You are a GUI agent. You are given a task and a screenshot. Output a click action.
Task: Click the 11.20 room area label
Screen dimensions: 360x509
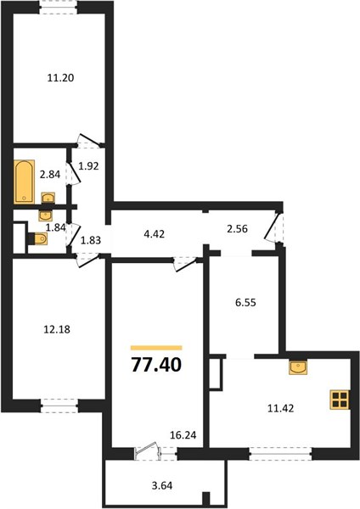(61, 78)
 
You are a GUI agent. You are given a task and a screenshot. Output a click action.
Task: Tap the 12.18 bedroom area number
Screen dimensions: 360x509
(57, 329)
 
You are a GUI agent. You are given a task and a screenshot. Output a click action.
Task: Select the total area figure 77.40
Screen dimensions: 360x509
(156, 365)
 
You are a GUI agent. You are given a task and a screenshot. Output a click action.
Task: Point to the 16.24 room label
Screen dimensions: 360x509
(183, 435)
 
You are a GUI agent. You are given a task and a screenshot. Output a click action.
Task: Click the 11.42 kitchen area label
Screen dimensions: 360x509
(281, 408)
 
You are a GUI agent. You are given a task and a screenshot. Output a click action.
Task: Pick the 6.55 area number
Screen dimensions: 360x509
(245, 303)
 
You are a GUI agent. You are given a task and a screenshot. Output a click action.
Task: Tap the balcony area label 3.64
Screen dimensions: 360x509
(162, 485)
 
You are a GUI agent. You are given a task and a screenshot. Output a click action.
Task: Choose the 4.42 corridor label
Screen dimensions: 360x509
(154, 234)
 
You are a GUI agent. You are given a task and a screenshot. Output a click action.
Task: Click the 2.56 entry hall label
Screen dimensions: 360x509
(237, 229)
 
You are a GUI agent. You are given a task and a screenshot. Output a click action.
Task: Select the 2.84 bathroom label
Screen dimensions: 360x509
(50, 174)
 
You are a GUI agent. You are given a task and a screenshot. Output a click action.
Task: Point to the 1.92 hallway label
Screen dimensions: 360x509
(88, 166)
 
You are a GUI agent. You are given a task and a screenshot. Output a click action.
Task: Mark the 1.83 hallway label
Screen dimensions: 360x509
(91, 241)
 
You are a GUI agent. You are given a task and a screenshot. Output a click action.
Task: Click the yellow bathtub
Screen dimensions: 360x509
(25, 182)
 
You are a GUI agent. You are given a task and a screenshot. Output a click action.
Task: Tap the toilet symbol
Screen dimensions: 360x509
(38, 239)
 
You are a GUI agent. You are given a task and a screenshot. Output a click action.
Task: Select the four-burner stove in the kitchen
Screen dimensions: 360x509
(340, 400)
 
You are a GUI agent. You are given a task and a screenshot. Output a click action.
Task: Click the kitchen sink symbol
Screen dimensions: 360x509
(298, 368)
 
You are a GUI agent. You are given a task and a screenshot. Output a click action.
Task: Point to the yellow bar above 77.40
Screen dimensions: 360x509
(156, 348)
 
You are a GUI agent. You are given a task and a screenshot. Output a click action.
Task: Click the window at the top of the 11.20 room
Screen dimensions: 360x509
(59, 7)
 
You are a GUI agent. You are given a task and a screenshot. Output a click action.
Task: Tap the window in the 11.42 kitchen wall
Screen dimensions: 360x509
(280, 454)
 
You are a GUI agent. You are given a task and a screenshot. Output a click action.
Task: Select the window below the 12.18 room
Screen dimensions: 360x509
(59, 406)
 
